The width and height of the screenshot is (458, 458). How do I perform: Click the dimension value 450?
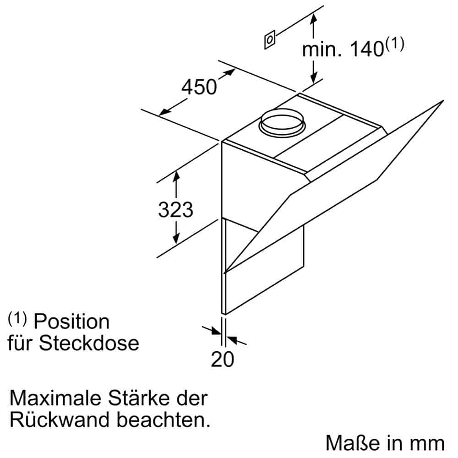(199, 87)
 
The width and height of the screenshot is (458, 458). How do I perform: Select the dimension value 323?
(175, 209)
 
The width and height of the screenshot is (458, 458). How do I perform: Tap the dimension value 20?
(222, 359)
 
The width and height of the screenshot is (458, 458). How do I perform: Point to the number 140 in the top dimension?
(366, 49)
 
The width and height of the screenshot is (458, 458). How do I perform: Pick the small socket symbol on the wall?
(270, 40)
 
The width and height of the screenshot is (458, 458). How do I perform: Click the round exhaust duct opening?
(283, 120)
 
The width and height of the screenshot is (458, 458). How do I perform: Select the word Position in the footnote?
(72, 322)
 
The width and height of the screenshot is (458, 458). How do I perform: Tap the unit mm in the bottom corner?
(428, 444)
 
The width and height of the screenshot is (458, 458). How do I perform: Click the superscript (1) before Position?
(18, 318)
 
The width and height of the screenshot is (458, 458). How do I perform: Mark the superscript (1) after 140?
(395, 44)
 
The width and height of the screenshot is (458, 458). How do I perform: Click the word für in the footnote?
(21, 343)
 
